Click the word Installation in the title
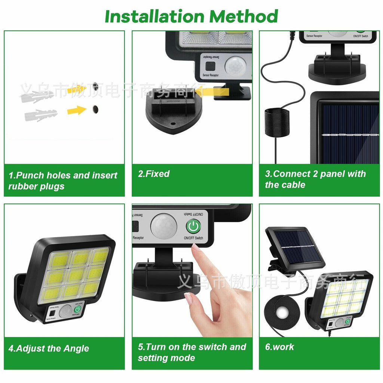154,16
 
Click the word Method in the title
243,16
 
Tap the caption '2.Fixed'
154,174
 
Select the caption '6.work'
279,347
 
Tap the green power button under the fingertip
193,226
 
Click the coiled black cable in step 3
276,123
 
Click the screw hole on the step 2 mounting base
173,123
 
